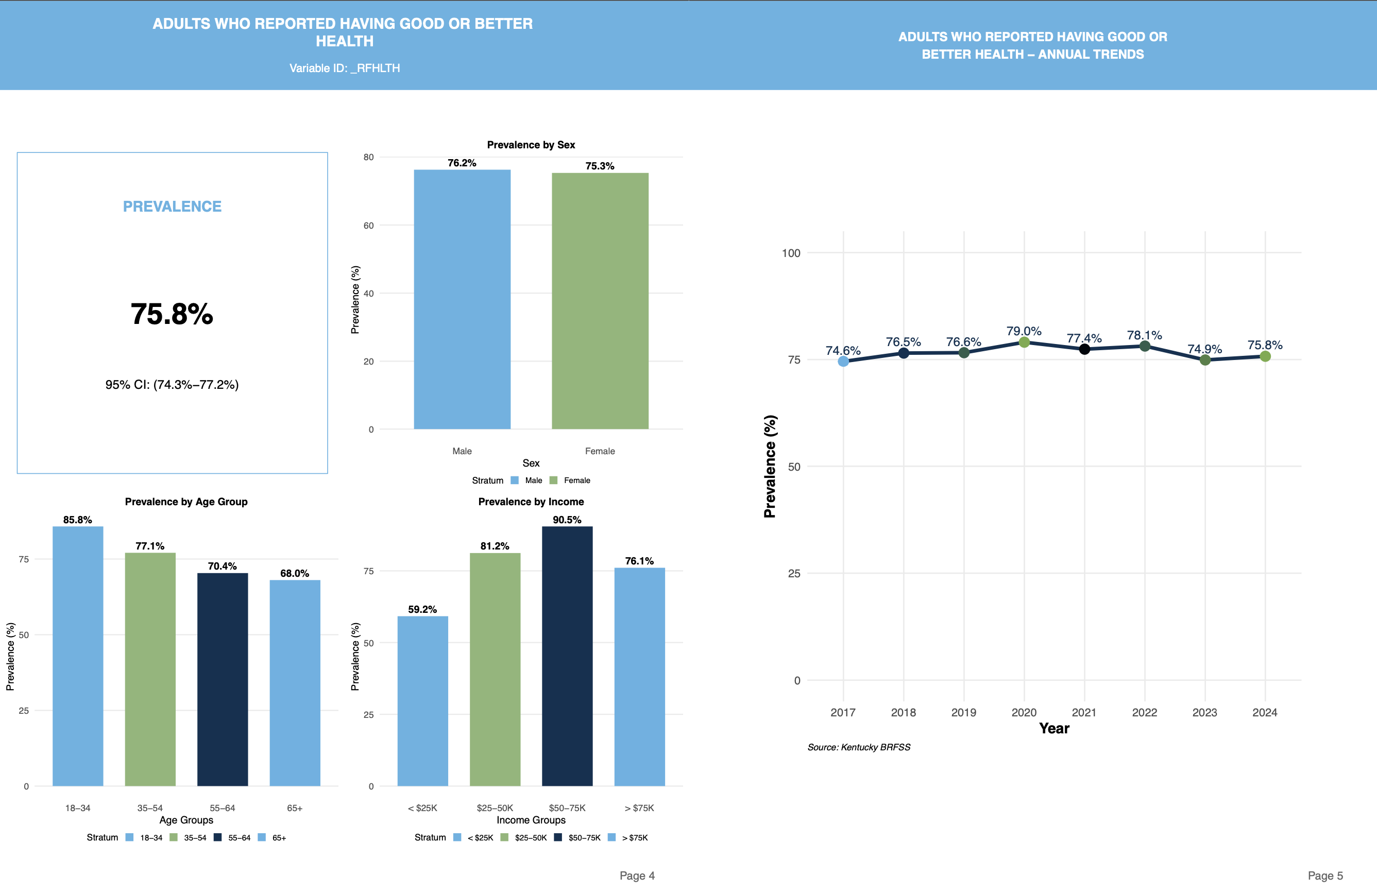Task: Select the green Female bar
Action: tap(600, 301)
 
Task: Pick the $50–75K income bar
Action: tap(567, 656)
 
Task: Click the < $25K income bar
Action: tap(422, 700)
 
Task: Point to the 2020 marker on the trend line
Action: tap(1024, 342)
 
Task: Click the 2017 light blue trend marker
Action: tap(843, 361)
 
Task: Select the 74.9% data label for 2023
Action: tap(1204, 349)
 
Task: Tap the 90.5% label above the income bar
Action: tap(567, 520)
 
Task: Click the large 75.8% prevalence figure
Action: tap(172, 314)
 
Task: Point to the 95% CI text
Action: tap(172, 385)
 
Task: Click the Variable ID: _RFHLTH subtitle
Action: tap(344, 68)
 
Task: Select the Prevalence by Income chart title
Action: tap(531, 502)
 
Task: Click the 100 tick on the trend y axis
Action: tap(790, 253)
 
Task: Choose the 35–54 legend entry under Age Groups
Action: tap(189, 837)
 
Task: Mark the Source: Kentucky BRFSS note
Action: tap(859, 747)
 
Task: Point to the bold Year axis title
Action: tap(1053, 729)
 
